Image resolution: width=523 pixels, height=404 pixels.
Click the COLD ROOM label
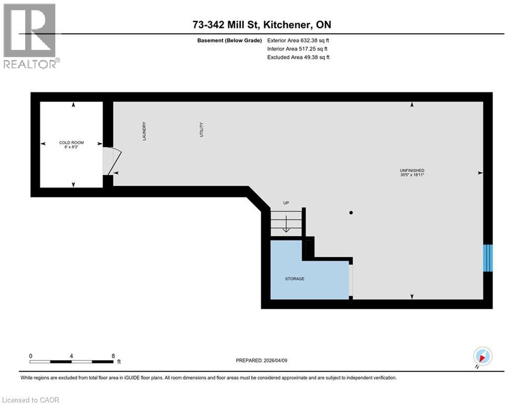pos(71,143)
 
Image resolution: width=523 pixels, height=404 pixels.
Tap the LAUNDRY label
pos(143,130)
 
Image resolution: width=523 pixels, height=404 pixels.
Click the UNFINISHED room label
pos(412,170)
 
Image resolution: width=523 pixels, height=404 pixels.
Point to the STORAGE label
pos(294,279)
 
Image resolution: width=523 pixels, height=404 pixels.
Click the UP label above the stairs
pos(286,203)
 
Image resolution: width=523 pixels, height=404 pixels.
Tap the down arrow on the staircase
pos(286,226)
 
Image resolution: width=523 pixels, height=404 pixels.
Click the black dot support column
pos(351,213)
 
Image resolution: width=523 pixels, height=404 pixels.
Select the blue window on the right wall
pos(488,257)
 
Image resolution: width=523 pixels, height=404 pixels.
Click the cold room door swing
pos(114,160)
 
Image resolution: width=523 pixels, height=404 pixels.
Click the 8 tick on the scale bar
pos(113,356)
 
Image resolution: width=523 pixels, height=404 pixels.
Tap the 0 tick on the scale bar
pos(31,356)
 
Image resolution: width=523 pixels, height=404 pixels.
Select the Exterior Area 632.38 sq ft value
pos(299,40)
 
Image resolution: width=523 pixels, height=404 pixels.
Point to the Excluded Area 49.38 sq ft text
pos(299,57)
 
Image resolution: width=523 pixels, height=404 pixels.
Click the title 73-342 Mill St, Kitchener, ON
pos(261,25)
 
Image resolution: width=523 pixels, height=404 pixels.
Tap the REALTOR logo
pos(30,35)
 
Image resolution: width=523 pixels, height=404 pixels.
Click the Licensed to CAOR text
pos(31,400)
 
